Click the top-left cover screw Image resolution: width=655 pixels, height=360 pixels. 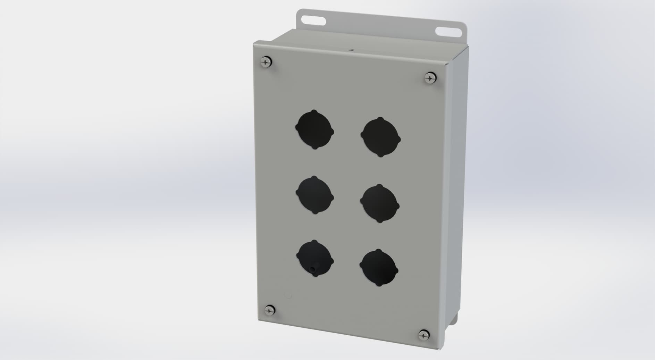[x=266, y=62]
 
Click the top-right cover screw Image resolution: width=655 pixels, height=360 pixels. [x=430, y=77]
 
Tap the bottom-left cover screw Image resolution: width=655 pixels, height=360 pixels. [x=270, y=310]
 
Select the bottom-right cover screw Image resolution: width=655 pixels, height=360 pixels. [x=423, y=335]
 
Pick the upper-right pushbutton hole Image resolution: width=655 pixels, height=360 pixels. [x=381, y=137]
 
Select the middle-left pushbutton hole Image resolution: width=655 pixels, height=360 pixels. [x=315, y=195]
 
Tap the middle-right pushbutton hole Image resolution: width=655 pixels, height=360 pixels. [x=380, y=203]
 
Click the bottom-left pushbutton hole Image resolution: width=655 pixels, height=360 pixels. [x=315, y=259]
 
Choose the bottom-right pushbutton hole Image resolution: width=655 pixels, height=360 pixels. [x=379, y=268]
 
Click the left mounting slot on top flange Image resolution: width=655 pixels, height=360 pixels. [x=313, y=20]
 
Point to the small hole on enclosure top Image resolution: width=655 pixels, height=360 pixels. [x=351, y=50]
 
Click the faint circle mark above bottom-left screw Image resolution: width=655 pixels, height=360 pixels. [x=288, y=295]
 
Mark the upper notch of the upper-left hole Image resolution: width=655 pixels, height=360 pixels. [x=314, y=112]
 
